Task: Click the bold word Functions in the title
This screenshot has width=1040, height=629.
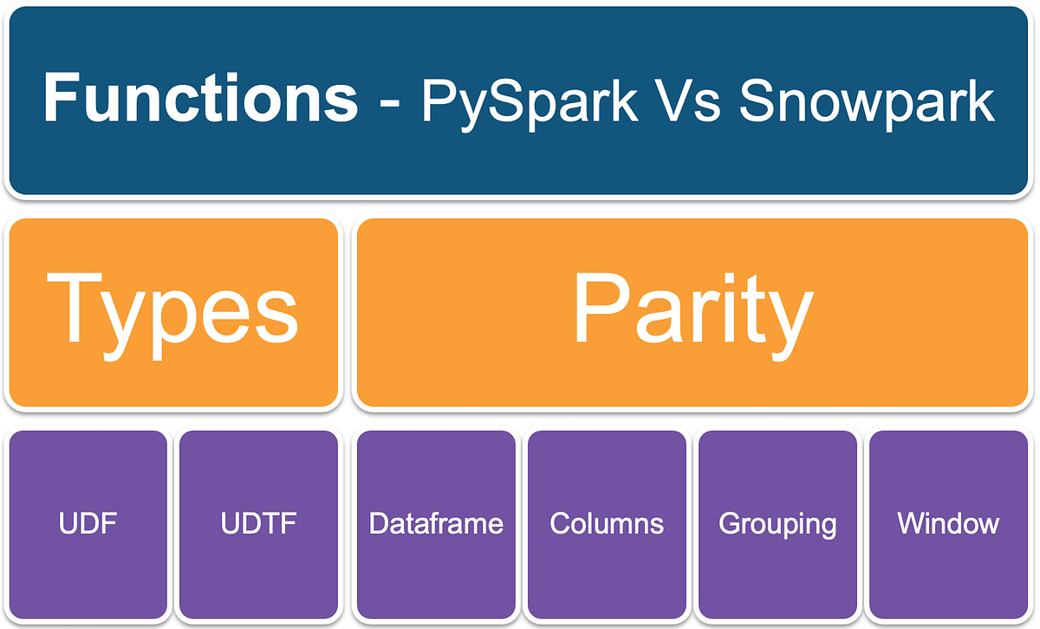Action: pos(200,99)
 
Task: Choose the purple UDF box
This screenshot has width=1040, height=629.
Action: pos(87,524)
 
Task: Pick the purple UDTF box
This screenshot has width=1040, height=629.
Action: pos(257,524)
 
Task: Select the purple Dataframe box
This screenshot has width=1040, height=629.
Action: pos(436,524)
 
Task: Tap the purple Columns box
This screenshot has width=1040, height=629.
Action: pos(607,524)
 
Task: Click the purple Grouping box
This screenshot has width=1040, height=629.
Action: pos(777,524)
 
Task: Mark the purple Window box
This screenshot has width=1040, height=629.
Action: pos(948,524)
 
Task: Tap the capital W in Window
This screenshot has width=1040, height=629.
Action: pos(912,523)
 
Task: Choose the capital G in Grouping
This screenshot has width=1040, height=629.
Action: pos(729,524)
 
